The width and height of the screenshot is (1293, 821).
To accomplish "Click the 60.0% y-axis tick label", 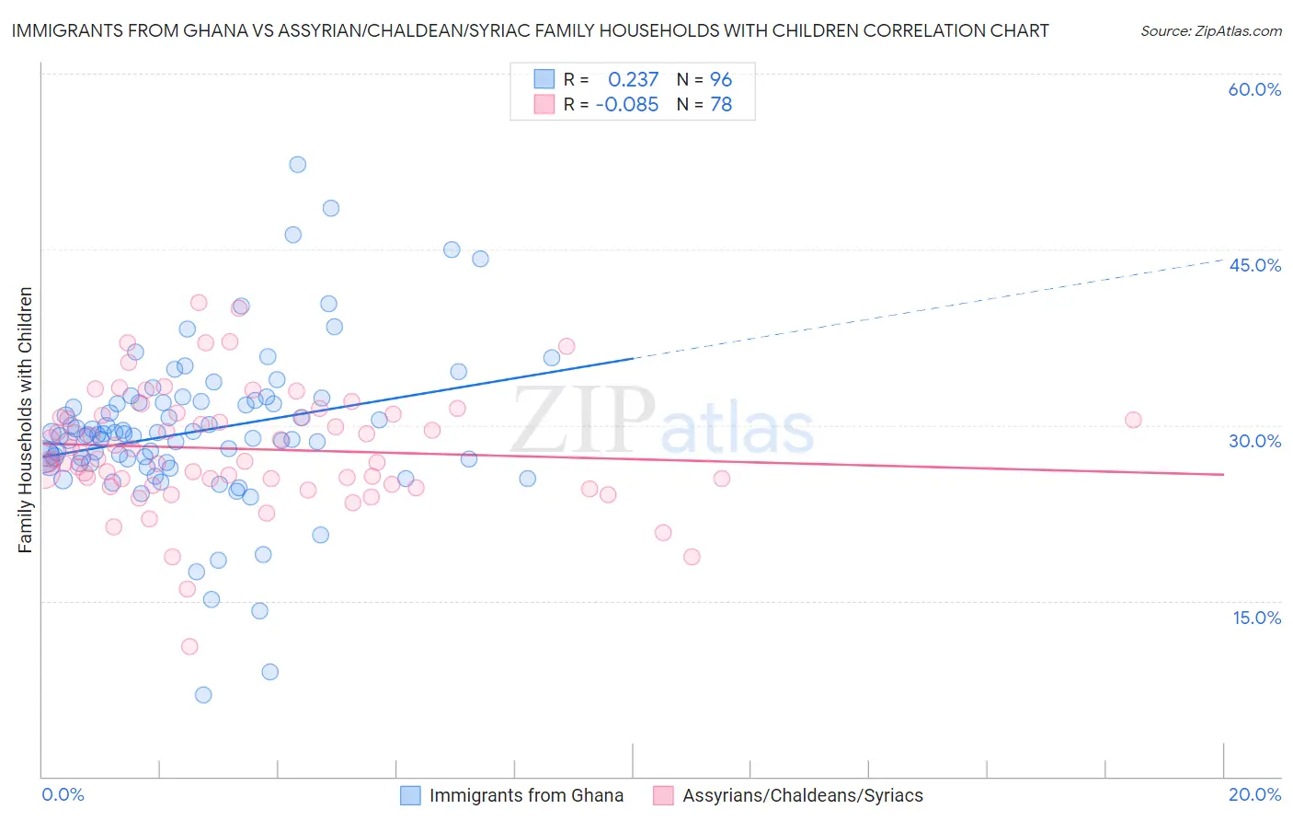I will click(x=1254, y=89).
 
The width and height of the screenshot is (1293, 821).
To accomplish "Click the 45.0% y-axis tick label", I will click(x=1254, y=265).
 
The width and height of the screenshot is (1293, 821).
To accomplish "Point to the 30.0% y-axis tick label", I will click(x=1254, y=441).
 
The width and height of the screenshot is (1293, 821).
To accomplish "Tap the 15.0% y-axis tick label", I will click(x=1256, y=618).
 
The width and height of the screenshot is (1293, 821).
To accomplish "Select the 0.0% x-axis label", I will click(x=63, y=794).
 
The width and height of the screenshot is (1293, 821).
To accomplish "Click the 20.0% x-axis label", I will click(x=1254, y=794).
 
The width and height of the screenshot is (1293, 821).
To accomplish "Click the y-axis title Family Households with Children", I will click(x=26, y=420).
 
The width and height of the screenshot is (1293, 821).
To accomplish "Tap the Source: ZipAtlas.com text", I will click(x=1210, y=31).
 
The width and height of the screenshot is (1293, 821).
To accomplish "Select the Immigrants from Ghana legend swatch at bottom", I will click(x=410, y=795).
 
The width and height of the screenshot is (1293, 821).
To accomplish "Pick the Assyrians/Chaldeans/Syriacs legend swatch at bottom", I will click(x=663, y=795).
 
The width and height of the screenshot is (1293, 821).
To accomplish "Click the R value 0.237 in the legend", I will click(x=633, y=79).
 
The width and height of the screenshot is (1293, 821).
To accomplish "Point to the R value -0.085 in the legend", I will click(x=627, y=105).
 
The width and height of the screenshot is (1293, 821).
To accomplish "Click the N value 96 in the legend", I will click(x=721, y=79).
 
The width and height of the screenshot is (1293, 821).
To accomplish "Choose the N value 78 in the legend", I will click(x=721, y=105).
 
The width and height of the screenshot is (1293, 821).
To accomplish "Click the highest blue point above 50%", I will click(x=297, y=165).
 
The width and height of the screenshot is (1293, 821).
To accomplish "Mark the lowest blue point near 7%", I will click(x=203, y=695).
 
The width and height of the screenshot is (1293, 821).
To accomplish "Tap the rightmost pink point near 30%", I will click(x=1133, y=420).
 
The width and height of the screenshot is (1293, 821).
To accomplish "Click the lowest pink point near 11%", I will click(x=189, y=646).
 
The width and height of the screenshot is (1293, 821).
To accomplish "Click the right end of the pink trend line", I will click(x=1223, y=474).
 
